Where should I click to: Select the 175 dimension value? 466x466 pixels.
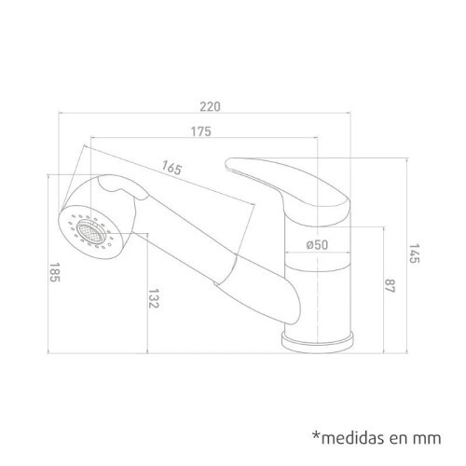tap(202, 130)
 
